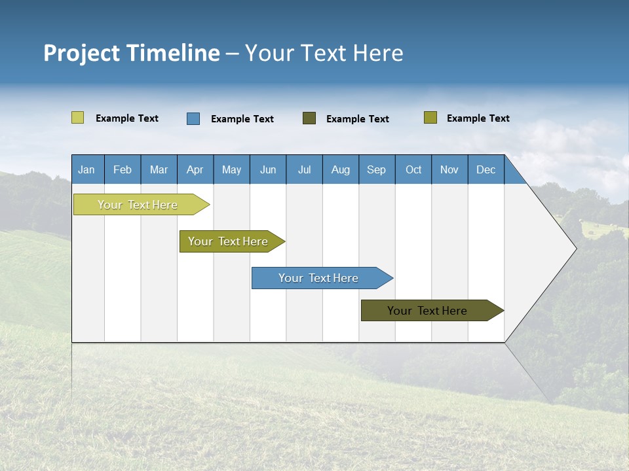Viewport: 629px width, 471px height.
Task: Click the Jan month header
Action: pyautogui.click(x=86, y=169)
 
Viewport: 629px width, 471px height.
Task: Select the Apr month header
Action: pyautogui.click(x=195, y=169)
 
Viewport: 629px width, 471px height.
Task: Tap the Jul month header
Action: pyautogui.click(x=304, y=169)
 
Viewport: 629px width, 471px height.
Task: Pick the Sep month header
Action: pyautogui.click(x=376, y=169)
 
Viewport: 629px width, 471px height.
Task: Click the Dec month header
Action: pyautogui.click(x=486, y=169)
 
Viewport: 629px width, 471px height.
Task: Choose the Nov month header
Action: pyautogui.click(x=449, y=169)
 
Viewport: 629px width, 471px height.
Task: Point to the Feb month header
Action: pyautogui.click(x=123, y=169)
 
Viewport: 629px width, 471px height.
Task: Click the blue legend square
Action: pyautogui.click(x=193, y=118)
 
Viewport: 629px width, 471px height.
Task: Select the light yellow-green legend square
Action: pyautogui.click(x=78, y=118)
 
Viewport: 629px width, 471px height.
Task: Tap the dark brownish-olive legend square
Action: pyautogui.click(x=309, y=118)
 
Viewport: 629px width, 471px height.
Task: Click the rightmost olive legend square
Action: pyautogui.click(x=430, y=118)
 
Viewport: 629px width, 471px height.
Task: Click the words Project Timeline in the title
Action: pyautogui.click(x=131, y=53)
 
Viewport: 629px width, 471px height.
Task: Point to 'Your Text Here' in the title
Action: pyautogui.click(x=324, y=53)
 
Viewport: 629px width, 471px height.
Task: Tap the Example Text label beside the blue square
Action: pyautogui.click(x=242, y=119)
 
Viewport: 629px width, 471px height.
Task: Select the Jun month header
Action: pyautogui.click(x=268, y=169)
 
